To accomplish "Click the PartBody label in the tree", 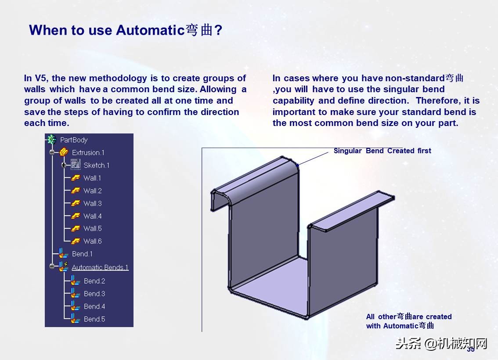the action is coord(74,140).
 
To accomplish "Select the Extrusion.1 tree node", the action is coord(88,153).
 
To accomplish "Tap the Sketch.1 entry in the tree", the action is coord(96,166).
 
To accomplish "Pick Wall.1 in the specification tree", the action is coord(92,178).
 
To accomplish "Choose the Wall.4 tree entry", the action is coord(92,216).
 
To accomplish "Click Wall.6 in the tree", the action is coord(92,241).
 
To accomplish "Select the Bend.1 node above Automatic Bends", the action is coord(82,254).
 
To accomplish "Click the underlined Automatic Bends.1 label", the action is coord(100,267).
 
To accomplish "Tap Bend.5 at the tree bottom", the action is coord(94,319).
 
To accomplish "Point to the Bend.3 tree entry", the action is coord(94,294).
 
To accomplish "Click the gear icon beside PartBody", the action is coord(51,140).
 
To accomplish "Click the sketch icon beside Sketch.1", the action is coord(76,165).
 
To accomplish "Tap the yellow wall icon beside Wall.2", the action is coord(76,191).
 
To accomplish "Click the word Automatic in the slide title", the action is coord(150,30).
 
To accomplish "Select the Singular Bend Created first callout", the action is coord(382,151).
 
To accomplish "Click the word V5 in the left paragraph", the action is coord(41,78).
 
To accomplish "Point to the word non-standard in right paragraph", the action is coord(415,78).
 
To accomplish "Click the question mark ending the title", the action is coord(218,30).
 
